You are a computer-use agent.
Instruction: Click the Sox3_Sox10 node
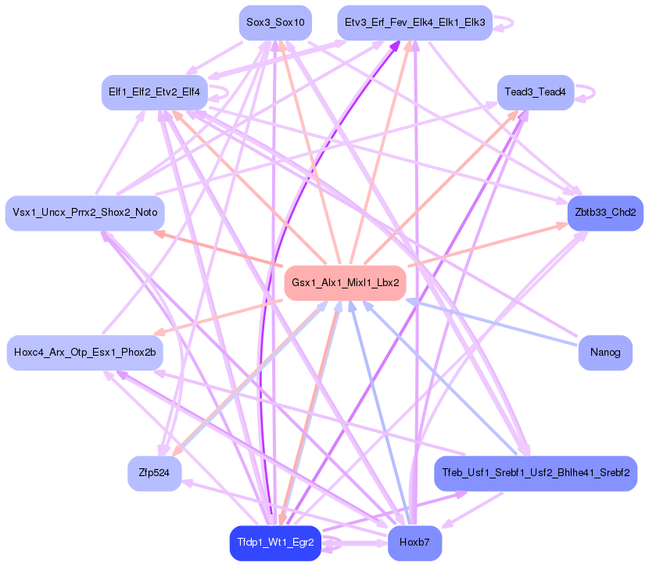click(275, 23)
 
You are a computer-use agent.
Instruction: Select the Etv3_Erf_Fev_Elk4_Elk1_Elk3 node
click(414, 23)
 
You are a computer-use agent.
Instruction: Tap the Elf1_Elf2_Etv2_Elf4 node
click(154, 92)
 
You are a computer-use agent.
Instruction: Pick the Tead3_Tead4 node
click(536, 92)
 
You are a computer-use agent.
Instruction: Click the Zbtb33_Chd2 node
click(605, 213)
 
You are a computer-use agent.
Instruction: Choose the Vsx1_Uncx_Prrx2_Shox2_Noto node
click(84, 213)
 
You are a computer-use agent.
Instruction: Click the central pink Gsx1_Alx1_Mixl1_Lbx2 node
click(346, 282)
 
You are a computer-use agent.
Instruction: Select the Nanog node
click(605, 353)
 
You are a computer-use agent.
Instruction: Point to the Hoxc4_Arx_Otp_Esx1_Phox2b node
click(84, 353)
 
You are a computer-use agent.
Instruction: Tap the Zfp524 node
click(154, 473)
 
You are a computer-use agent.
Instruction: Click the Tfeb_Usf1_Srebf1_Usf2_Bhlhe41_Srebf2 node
click(536, 473)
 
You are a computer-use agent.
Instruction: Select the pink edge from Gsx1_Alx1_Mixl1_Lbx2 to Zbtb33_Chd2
click(485, 245)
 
